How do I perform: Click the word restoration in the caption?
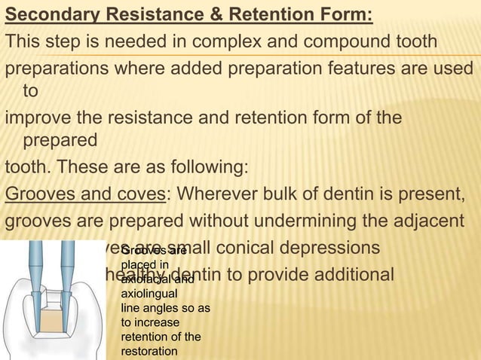click(149, 349)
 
